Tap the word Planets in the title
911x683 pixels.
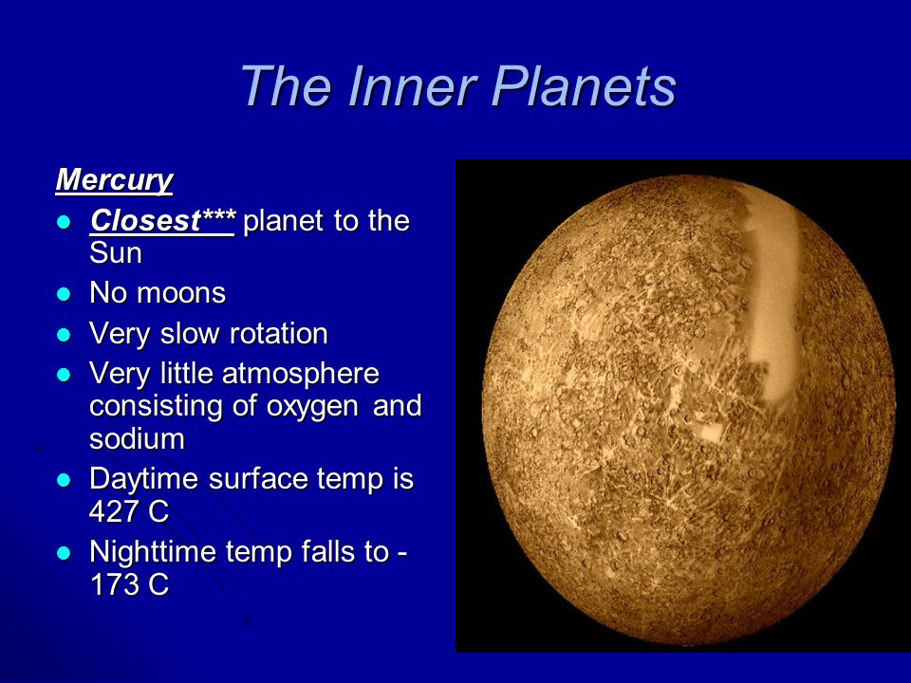(x=584, y=85)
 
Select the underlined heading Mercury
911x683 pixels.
(x=115, y=180)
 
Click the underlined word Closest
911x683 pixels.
(x=145, y=221)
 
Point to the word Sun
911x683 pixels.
(x=116, y=253)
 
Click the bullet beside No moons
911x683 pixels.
(x=64, y=294)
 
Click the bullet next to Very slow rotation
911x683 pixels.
(x=64, y=335)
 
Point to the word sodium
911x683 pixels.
(x=137, y=438)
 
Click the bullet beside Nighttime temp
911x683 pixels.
(x=64, y=553)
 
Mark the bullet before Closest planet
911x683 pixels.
(x=64, y=222)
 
